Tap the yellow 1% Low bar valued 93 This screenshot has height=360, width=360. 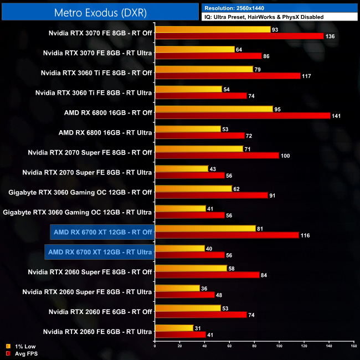(213, 29)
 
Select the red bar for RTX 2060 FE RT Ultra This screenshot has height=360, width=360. (180, 335)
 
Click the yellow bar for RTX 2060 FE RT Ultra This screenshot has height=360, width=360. (174, 328)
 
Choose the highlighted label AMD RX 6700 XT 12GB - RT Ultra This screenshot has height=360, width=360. (100, 252)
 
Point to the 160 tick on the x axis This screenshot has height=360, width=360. (353, 347)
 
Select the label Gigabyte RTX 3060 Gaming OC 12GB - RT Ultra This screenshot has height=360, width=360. (78, 212)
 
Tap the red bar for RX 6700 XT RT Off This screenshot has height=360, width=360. (227, 235)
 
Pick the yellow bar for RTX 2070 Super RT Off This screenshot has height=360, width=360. (199, 148)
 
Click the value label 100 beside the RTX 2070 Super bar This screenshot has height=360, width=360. (286, 156)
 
